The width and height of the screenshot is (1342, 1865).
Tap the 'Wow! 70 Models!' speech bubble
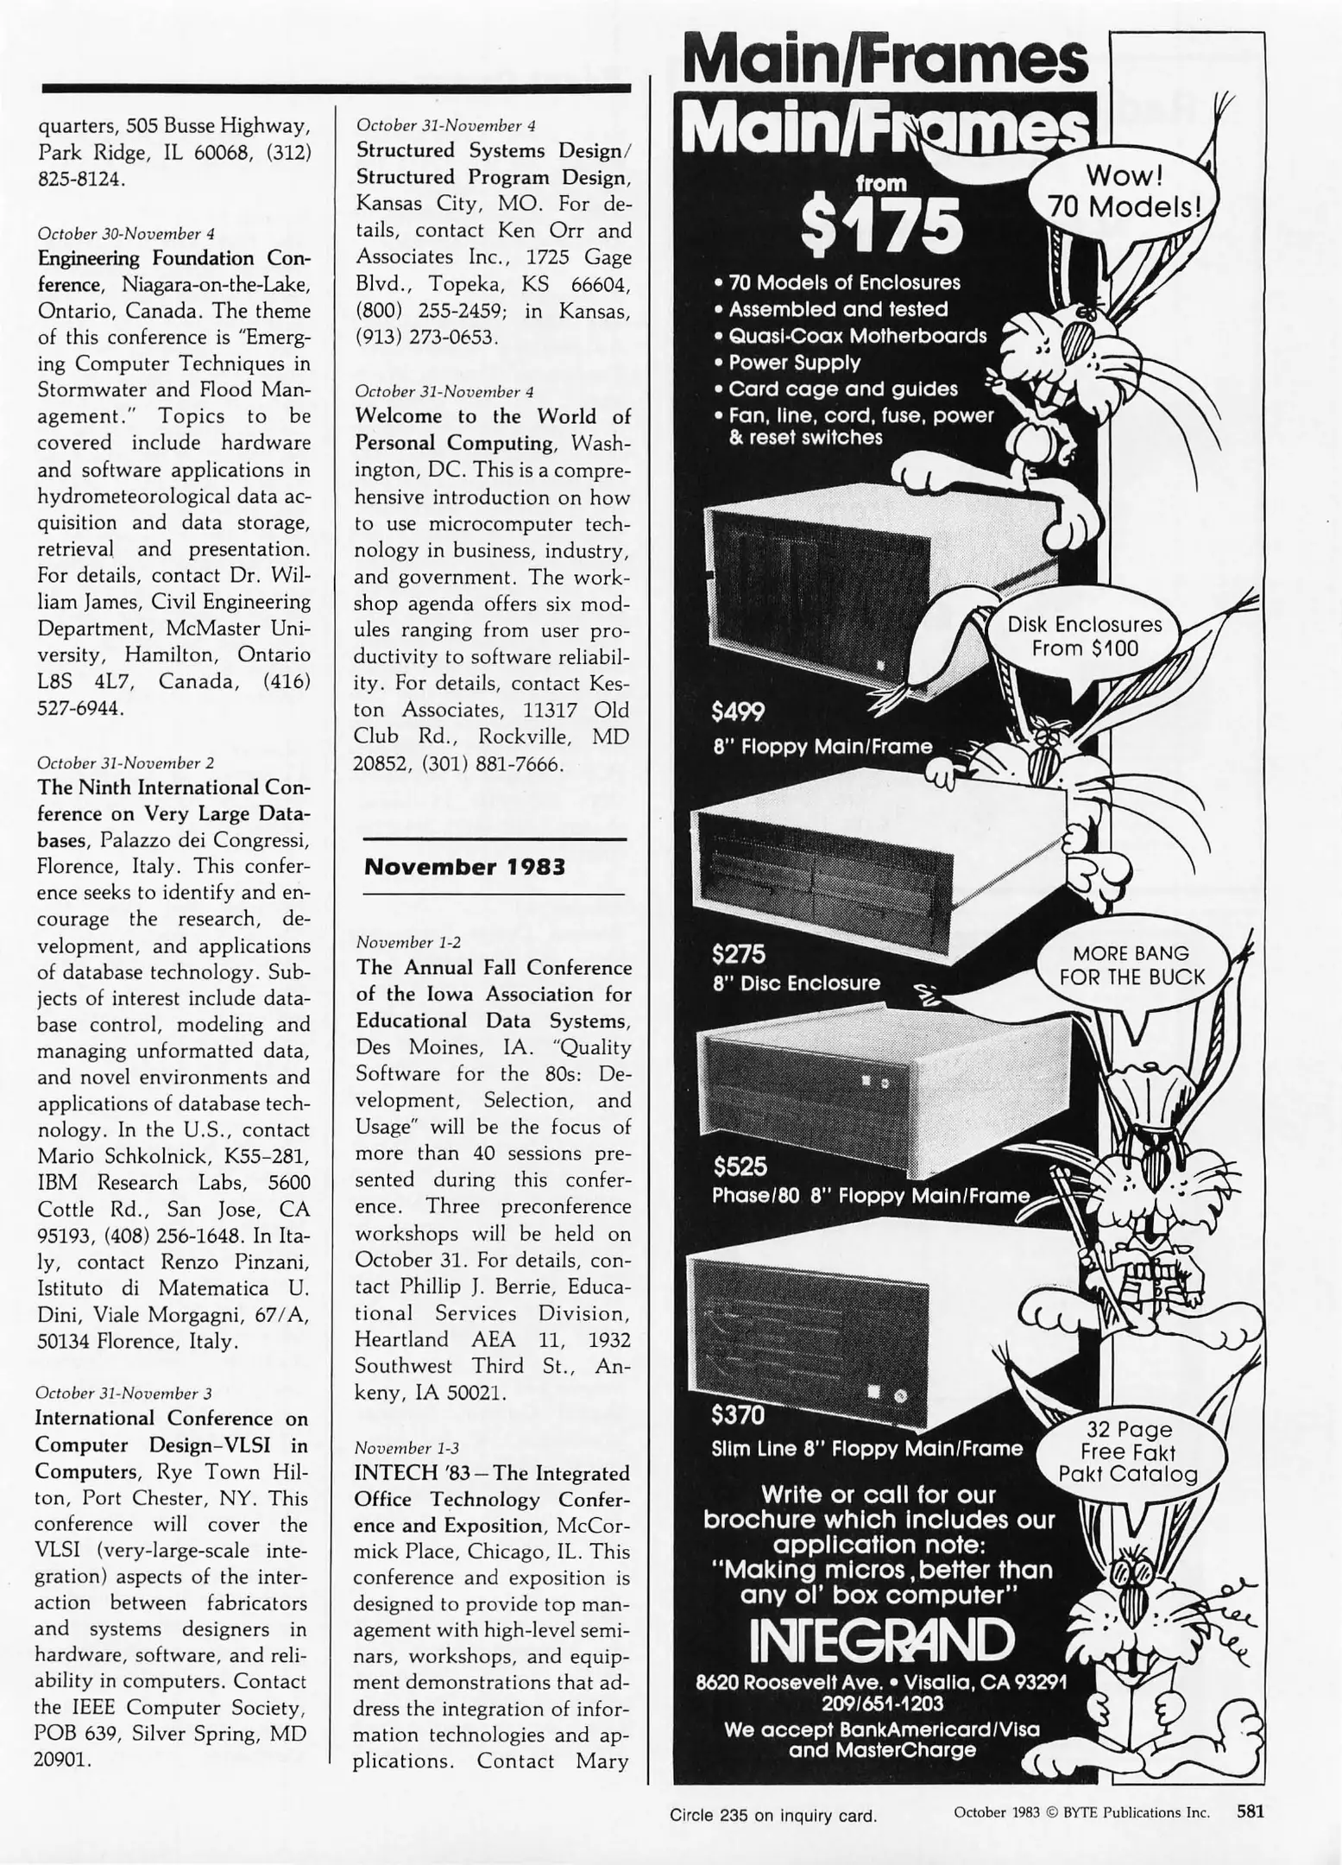coord(1125,191)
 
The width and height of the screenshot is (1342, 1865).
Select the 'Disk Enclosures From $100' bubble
coord(1085,636)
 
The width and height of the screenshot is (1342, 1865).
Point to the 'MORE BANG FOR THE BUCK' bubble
coord(1131,965)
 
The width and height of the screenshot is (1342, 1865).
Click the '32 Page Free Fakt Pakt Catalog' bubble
coord(1128,1452)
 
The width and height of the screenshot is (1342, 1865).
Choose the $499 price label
coord(738,711)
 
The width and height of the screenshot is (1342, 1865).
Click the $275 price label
coord(738,954)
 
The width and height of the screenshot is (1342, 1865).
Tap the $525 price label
coord(740,1167)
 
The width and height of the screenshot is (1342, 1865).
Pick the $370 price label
coord(738,1415)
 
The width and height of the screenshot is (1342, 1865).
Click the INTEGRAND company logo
coord(880,1640)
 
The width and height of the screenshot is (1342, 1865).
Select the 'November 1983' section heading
coord(464,867)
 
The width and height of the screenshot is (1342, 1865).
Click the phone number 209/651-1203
coord(881,1704)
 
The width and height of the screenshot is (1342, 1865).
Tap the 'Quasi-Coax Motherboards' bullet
coord(857,336)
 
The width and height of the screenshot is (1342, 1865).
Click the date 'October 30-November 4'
coord(126,233)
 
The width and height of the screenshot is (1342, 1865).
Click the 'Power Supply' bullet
coord(794,363)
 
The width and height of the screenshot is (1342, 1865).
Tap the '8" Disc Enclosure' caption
coord(797,983)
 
